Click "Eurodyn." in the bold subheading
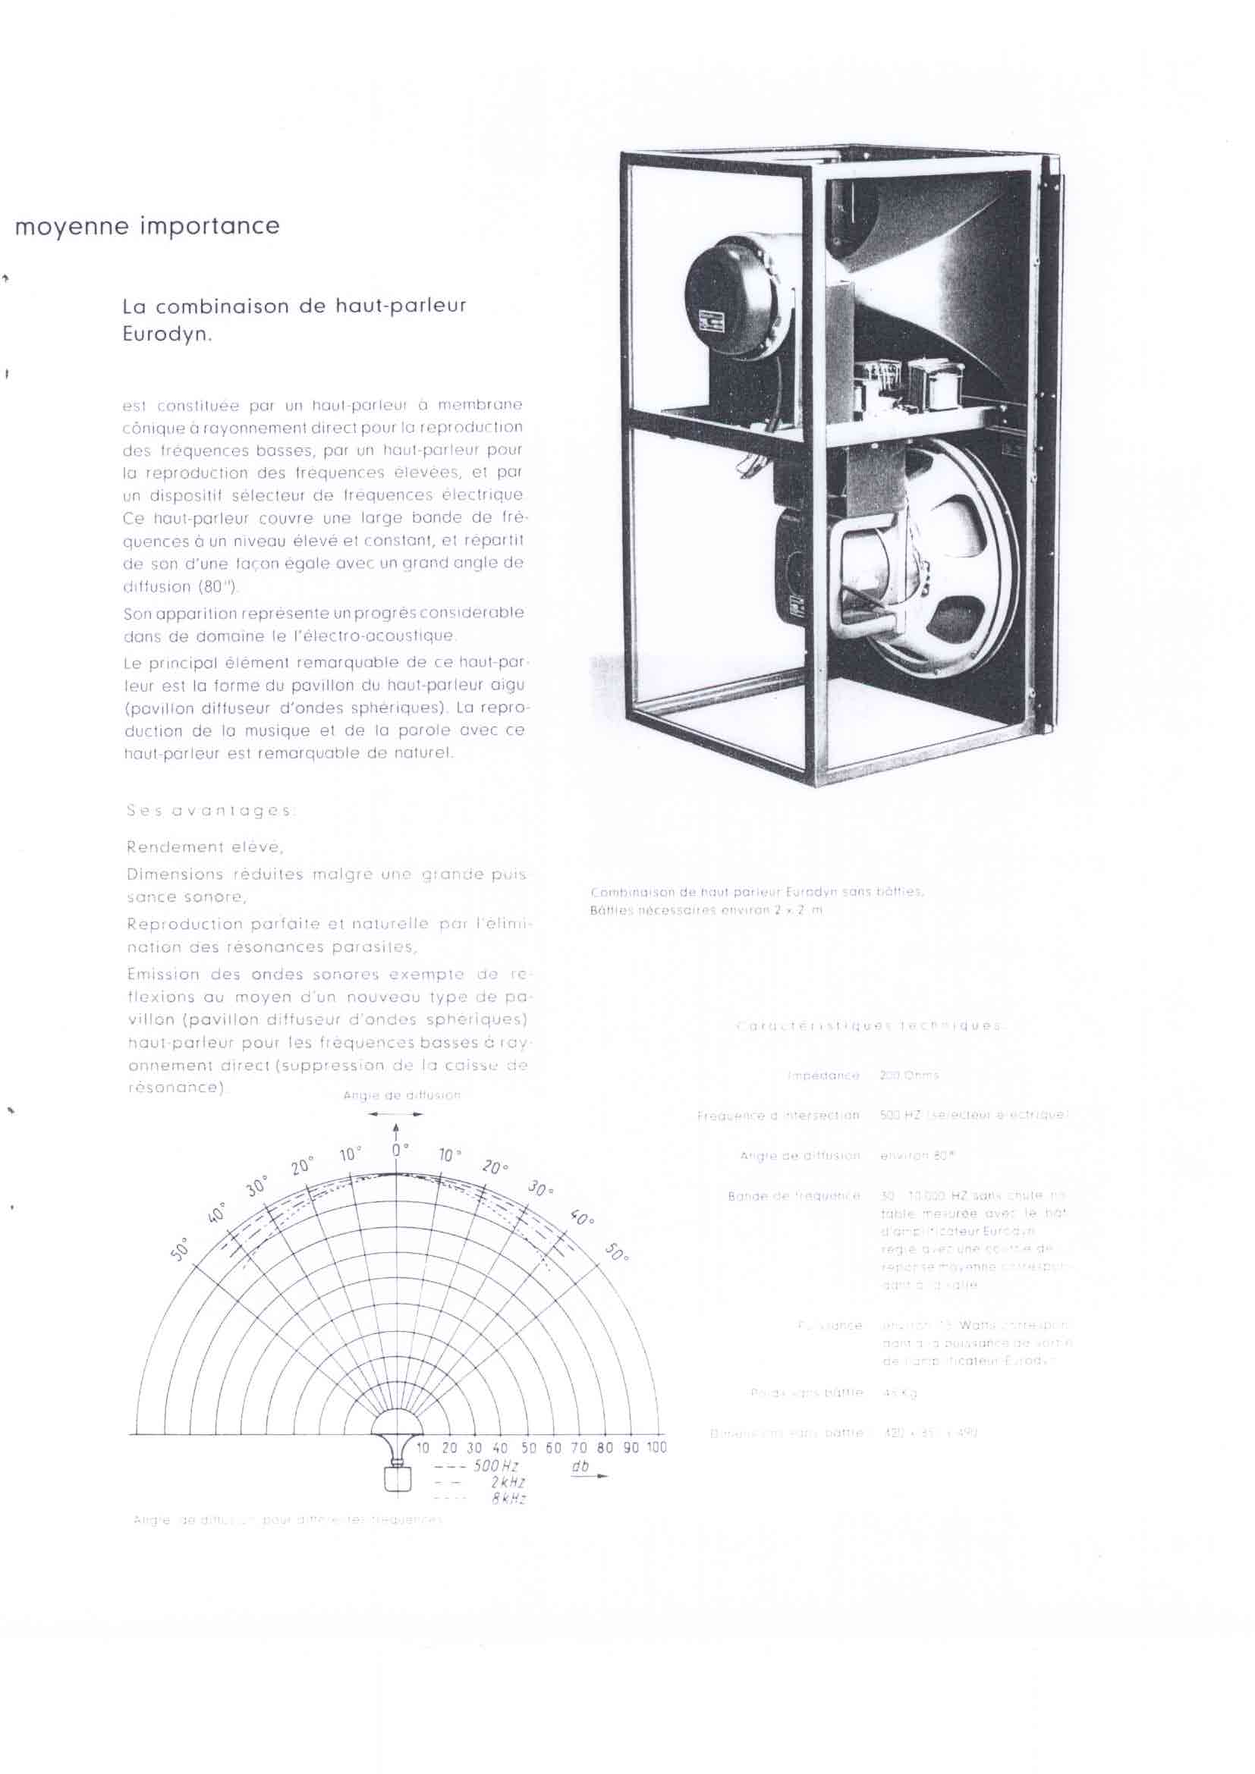[x=167, y=338]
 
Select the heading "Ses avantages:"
[x=209, y=811]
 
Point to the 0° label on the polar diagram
[x=399, y=1150]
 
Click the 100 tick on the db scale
[x=656, y=1447]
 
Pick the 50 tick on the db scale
[x=529, y=1447]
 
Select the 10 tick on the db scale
[x=423, y=1447]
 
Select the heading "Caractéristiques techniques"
[x=870, y=1026]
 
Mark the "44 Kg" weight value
[x=898, y=1393]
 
